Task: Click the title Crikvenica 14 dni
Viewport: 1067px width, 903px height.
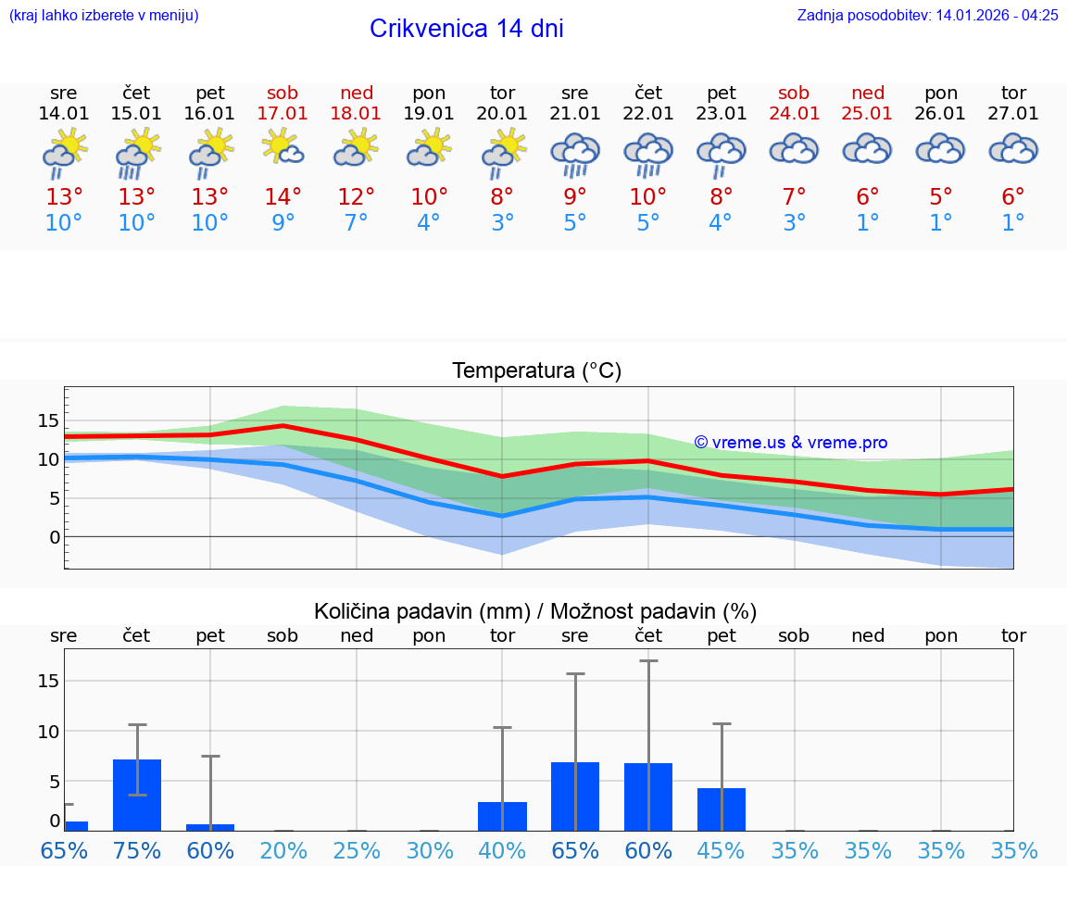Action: tap(466, 29)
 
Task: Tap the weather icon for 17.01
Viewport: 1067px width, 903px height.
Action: tap(283, 147)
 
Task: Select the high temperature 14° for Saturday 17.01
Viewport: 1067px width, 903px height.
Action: tap(283, 197)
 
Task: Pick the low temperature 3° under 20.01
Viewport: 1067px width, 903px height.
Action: tap(502, 223)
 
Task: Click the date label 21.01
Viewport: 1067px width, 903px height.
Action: tap(575, 114)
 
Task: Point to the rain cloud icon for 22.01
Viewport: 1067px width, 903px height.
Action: tap(648, 153)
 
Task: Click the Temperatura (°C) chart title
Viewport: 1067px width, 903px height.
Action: tap(537, 371)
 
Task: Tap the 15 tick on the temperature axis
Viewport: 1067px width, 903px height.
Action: tap(48, 421)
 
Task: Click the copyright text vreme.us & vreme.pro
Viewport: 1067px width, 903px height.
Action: tap(791, 443)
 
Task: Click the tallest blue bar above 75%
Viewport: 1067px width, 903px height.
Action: tap(137, 795)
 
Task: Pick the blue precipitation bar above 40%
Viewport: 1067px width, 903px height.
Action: tap(502, 816)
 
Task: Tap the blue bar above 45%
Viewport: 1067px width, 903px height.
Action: tap(722, 809)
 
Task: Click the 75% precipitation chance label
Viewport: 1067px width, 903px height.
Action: tap(137, 850)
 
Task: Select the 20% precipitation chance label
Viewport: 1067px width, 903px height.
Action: tap(283, 850)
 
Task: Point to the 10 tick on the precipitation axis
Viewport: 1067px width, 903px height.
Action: tap(48, 731)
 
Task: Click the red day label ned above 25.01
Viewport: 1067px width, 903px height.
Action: tap(868, 93)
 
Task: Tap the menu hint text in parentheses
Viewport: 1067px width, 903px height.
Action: tap(104, 16)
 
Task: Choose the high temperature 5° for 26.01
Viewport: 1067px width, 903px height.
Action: tap(941, 197)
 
